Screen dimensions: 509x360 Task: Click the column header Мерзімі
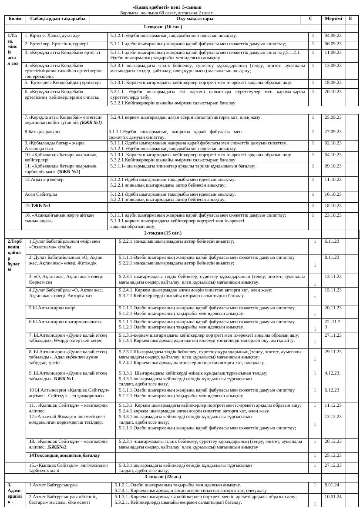333,19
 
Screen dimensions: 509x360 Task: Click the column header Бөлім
15,19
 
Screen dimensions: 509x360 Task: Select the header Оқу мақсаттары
195,19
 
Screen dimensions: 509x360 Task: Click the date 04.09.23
333,35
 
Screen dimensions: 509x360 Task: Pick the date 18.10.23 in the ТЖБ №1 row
333,205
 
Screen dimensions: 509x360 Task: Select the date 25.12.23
333,455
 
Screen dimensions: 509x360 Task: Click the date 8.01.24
333,485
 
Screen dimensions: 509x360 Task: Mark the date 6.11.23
333,241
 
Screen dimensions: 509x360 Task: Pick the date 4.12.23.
333,373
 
